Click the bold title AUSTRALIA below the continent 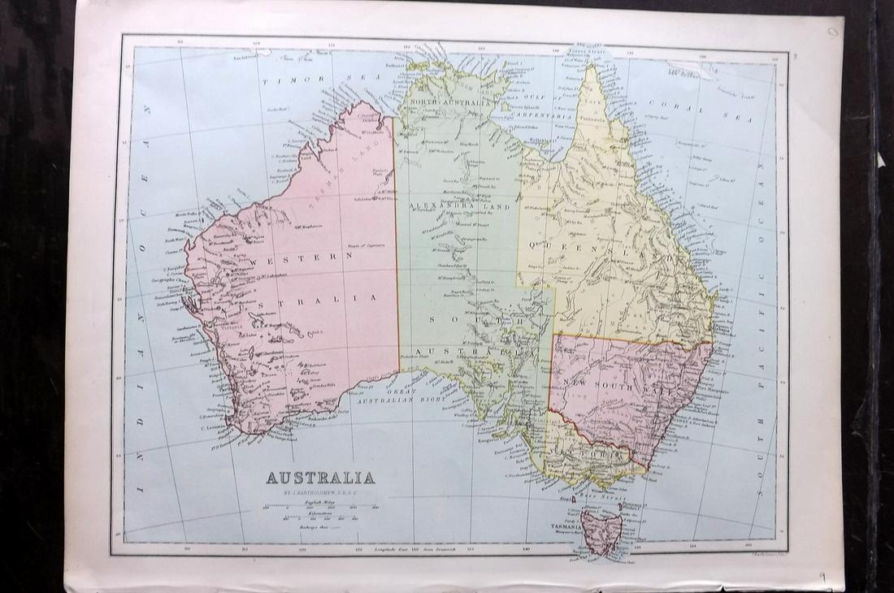click(x=320, y=477)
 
